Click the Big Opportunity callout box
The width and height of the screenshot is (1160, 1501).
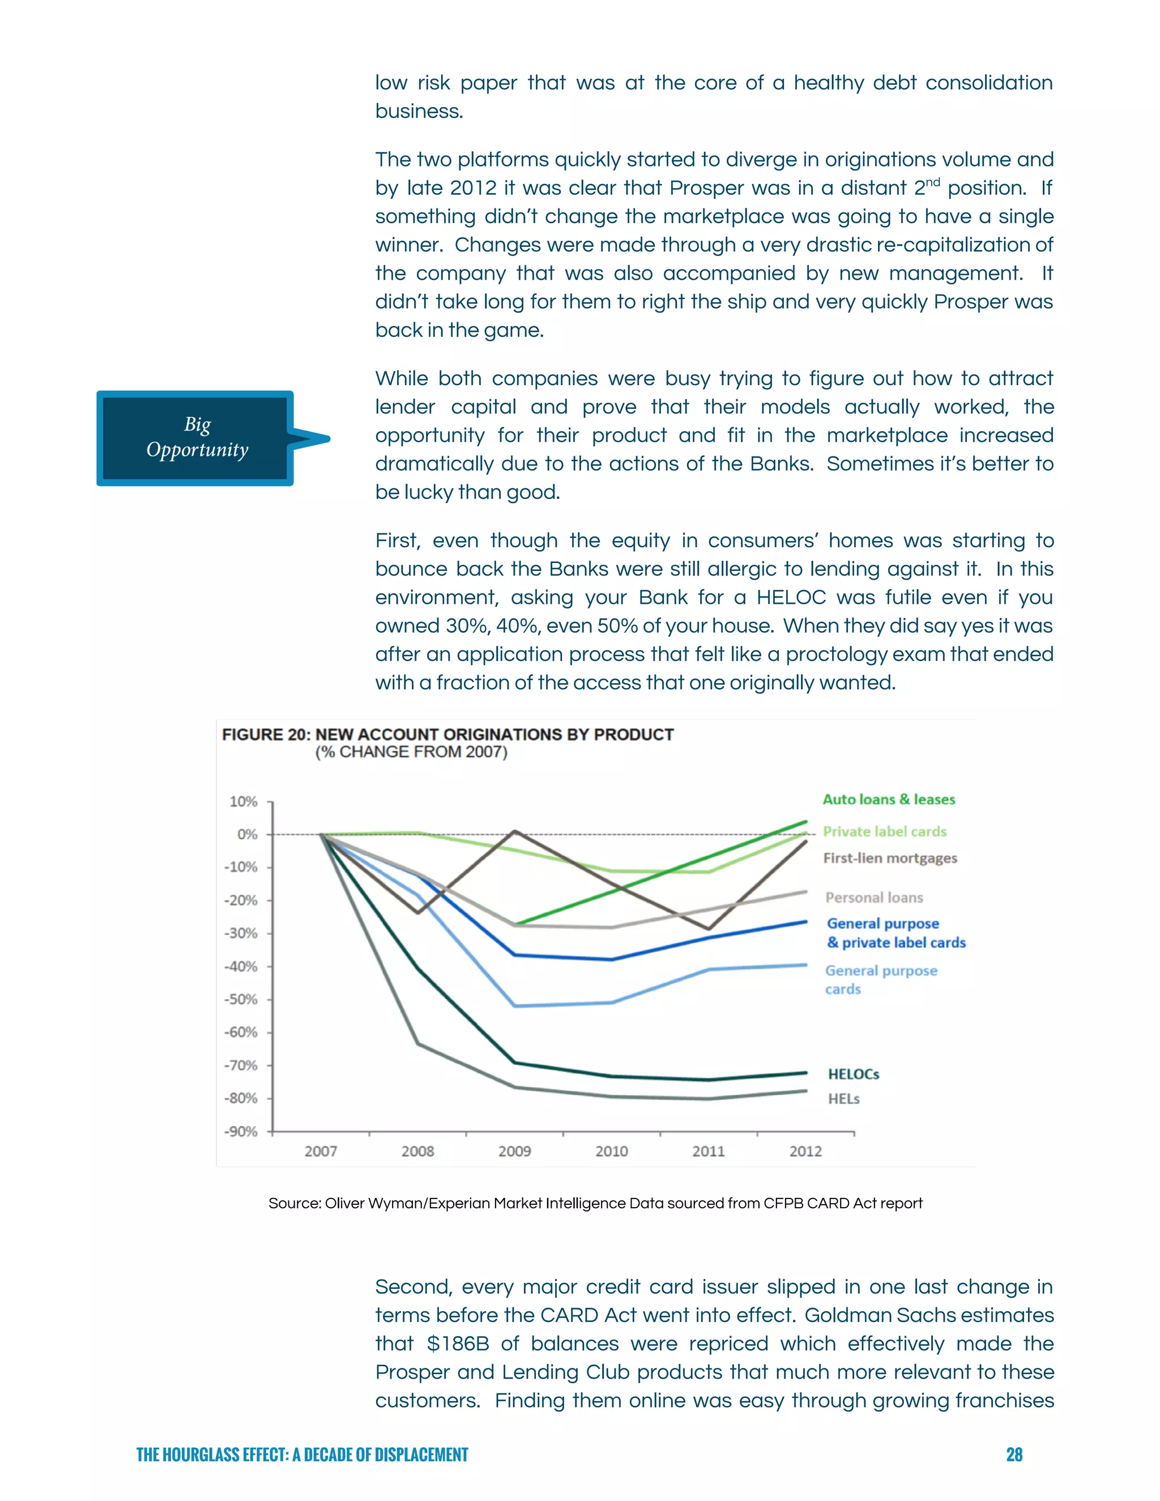click(x=196, y=438)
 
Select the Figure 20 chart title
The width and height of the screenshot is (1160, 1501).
click(x=447, y=734)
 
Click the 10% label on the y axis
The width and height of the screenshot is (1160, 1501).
click(x=242, y=801)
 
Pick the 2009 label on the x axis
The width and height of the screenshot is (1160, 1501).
click(x=514, y=1151)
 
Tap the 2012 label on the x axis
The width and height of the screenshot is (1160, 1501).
click(x=805, y=1151)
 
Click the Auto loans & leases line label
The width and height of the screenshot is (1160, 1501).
click(x=889, y=799)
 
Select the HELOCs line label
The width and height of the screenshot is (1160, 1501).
click(x=853, y=1074)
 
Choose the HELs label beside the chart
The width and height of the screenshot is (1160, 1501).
click(x=843, y=1099)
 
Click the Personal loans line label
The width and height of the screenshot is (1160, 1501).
click(x=873, y=898)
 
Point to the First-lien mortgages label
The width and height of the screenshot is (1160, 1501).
click(x=889, y=858)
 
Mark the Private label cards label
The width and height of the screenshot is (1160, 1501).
click(x=884, y=831)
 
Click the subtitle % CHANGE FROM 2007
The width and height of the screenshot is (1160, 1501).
click(x=411, y=752)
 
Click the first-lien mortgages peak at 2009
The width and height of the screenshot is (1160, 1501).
click(x=515, y=831)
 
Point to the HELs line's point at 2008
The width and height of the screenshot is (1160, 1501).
click(x=418, y=1044)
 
